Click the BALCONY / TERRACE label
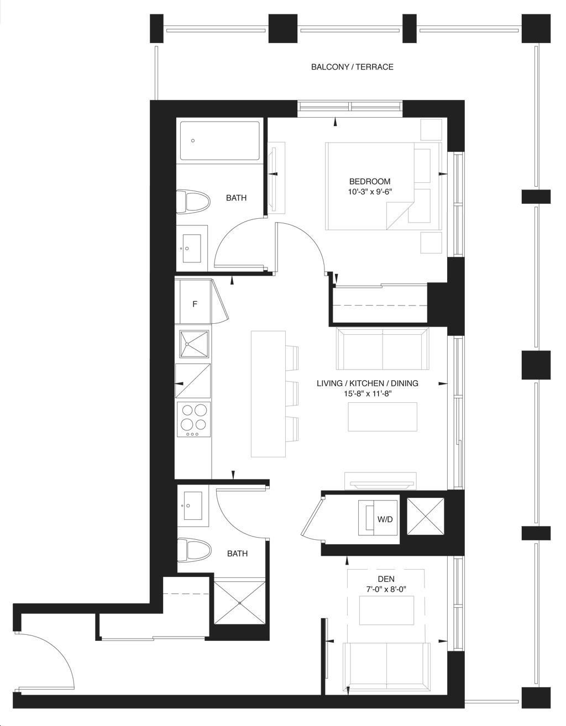[352, 67]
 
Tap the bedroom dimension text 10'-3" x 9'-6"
[370, 192]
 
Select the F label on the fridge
[195, 304]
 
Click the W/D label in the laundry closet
[385, 519]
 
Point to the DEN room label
[386, 579]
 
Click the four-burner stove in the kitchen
[193, 419]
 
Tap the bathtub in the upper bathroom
[220, 141]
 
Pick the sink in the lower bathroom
[193, 506]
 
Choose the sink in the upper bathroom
[191, 248]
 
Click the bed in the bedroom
[384, 186]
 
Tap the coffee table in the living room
[382, 417]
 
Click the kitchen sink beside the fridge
[194, 344]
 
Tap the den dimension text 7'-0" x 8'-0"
[386, 590]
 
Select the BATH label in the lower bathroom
[237, 554]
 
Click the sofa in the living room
[382, 349]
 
